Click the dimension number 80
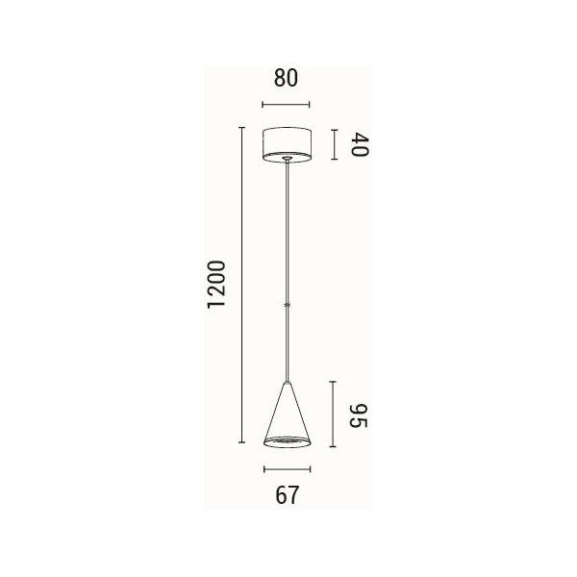286,78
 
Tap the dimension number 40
359,144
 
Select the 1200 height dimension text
215,284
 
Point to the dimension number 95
358,415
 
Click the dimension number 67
287,495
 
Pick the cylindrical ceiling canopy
287,144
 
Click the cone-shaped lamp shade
287,414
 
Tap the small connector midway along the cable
288,305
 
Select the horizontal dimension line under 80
286,105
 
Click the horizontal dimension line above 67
287,469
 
